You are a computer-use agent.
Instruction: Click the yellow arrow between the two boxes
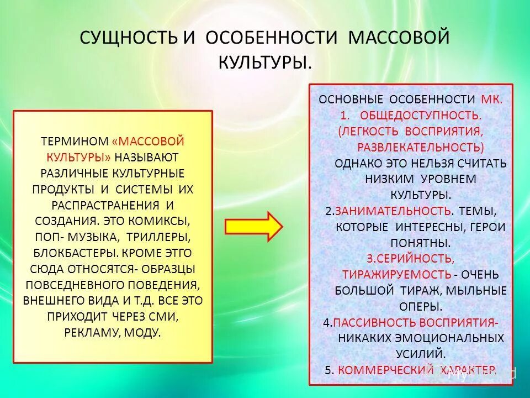253,226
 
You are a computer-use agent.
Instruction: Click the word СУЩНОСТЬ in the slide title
128,38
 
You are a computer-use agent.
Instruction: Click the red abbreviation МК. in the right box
491,99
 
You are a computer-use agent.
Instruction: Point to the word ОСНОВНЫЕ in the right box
352,99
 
